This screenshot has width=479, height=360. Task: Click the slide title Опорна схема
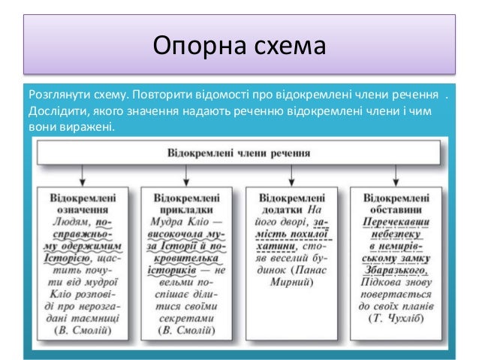[x=239, y=45]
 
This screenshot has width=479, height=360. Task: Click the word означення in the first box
[x=82, y=210]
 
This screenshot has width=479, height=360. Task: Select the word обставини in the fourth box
[x=395, y=210]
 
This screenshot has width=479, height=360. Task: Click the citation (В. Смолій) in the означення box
[x=82, y=330]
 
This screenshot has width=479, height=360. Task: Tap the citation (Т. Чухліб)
[x=395, y=318]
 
